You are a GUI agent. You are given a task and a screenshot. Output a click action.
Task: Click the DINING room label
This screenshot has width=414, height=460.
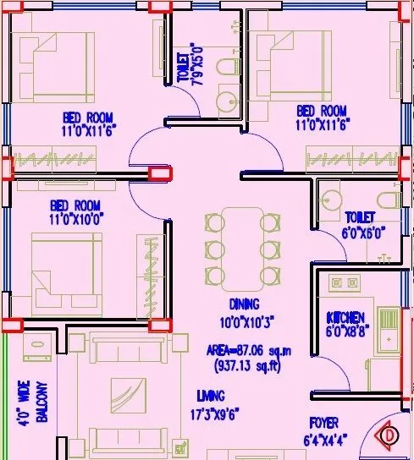coord(244,304)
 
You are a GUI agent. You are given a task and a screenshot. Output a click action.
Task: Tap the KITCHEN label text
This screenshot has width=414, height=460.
coord(346,318)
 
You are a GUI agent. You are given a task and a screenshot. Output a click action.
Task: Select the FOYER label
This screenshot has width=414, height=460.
coord(324,422)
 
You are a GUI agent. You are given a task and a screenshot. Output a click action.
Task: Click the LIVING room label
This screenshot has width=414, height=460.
coord(210,395)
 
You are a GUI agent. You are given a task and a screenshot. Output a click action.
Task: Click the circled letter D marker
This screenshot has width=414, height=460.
coord(389,436)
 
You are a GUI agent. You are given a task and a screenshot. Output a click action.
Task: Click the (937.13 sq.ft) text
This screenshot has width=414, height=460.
coord(246,365)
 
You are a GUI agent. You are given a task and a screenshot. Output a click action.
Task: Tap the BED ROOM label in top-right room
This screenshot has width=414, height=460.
coord(322,111)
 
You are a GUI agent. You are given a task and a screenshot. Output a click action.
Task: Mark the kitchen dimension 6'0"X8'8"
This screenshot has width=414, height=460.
coord(346,331)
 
